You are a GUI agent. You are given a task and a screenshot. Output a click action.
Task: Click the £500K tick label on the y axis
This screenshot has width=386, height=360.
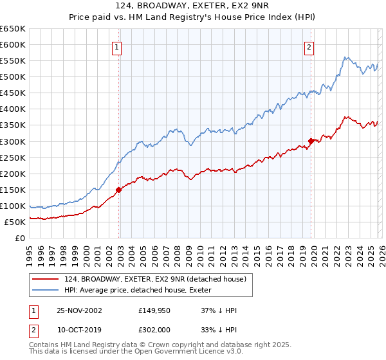click(x=13, y=77)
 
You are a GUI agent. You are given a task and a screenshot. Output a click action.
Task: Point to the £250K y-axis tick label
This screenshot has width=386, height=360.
click(x=13, y=157)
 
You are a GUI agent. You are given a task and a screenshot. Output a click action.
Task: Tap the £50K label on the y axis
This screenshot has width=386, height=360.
click(x=15, y=222)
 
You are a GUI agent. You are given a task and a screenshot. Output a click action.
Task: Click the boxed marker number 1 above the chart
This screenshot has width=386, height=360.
click(x=117, y=46)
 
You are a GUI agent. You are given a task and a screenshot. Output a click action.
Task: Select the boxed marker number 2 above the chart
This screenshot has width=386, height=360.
click(x=309, y=46)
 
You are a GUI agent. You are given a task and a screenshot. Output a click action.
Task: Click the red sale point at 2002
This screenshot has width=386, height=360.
click(x=119, y=190)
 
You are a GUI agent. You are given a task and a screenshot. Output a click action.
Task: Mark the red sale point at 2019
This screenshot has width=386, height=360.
click(x=311, y=140)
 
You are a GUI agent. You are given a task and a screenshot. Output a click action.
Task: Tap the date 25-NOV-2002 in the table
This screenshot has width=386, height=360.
click(x=79, y=310)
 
